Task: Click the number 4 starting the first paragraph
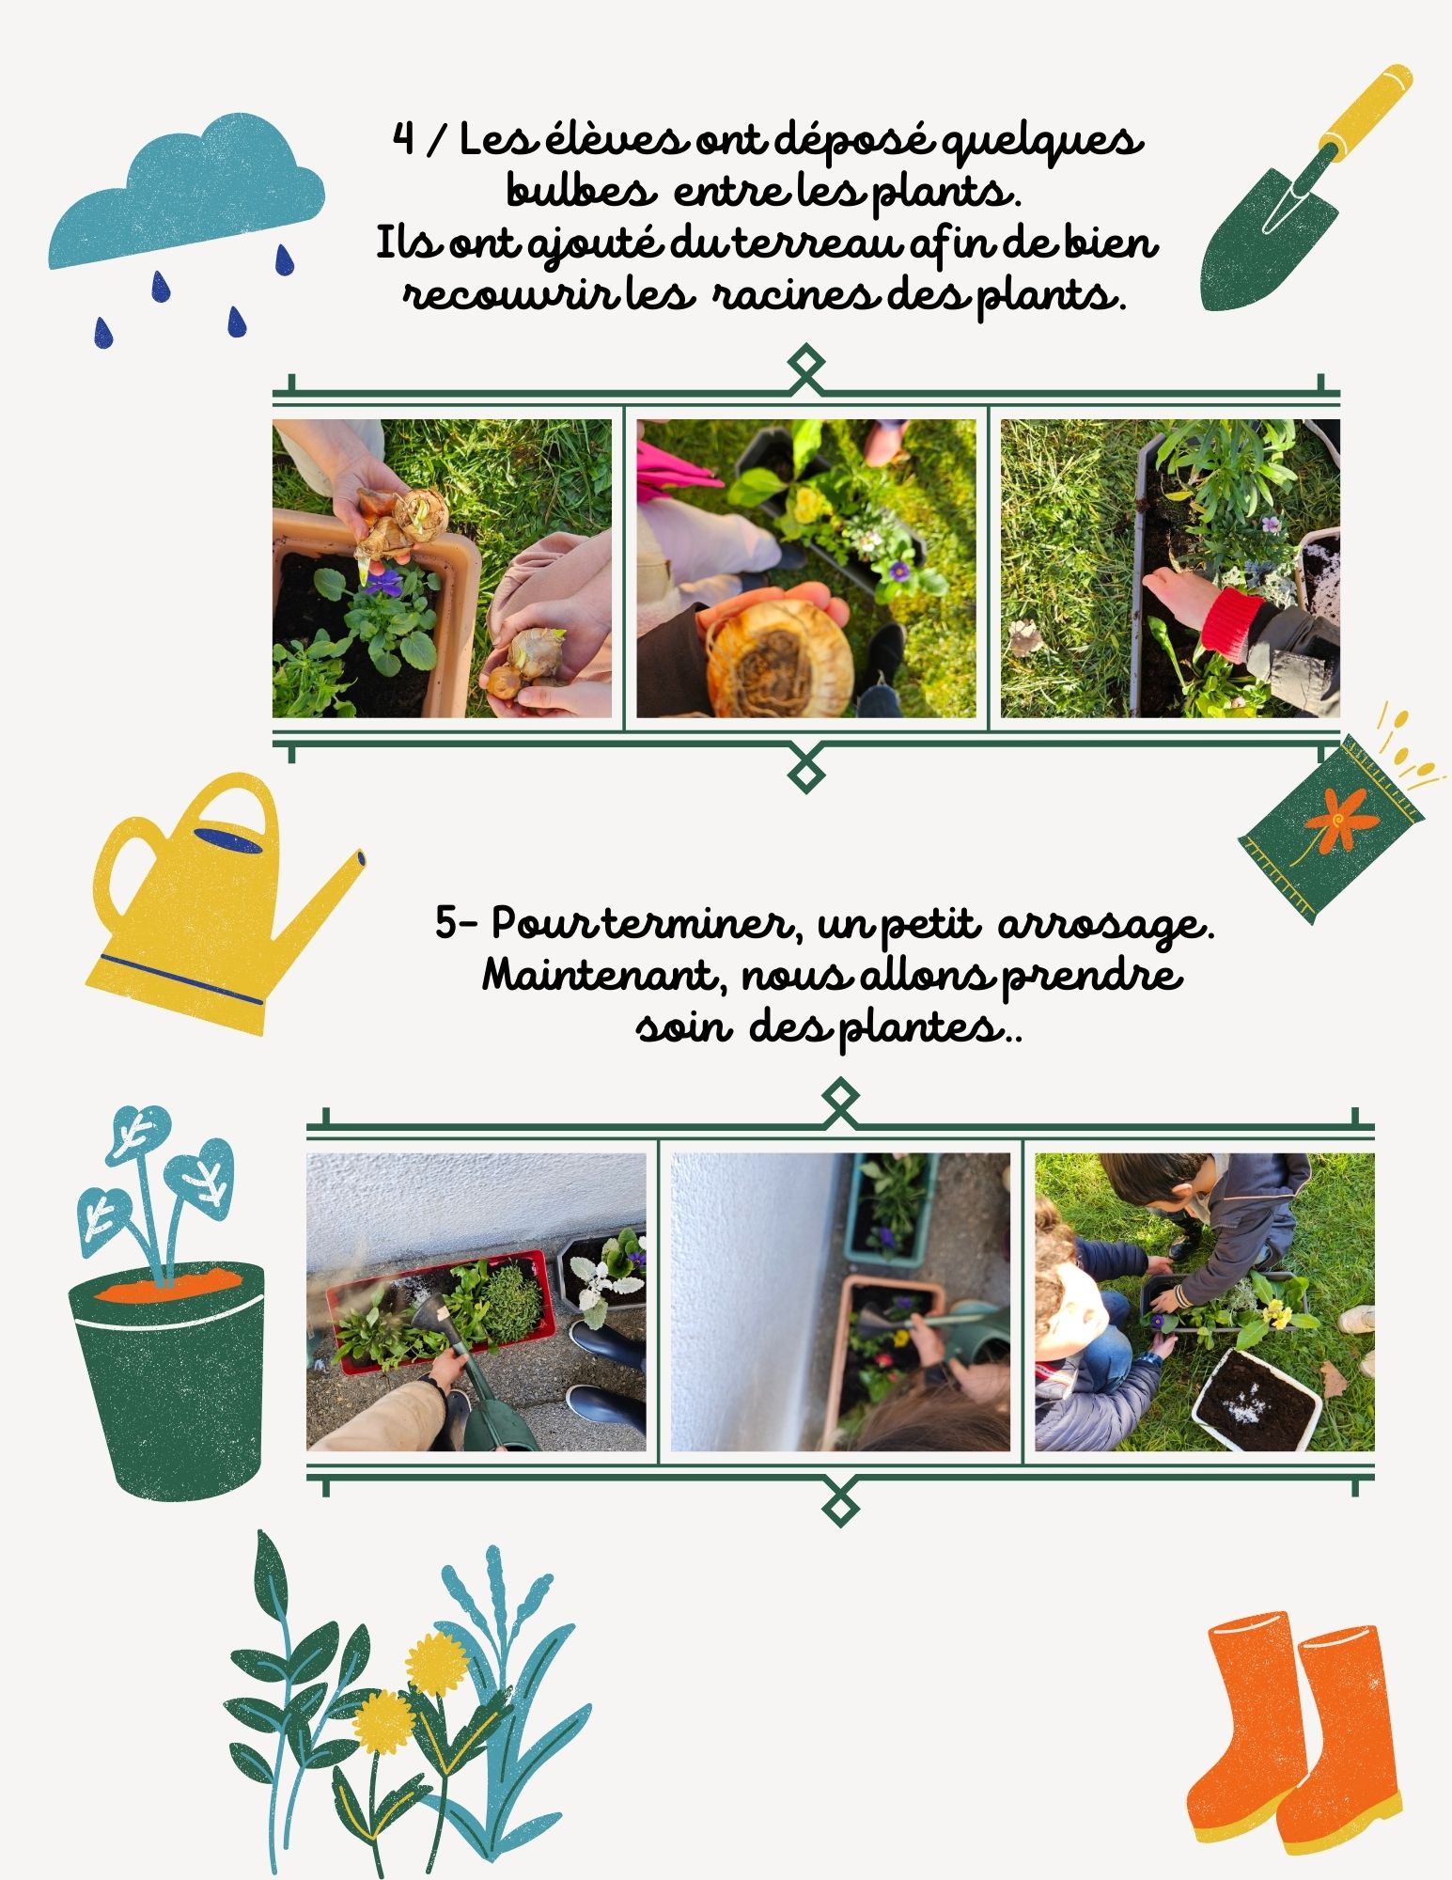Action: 403,141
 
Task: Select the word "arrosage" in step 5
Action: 1107,926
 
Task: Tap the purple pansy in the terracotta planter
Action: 383,583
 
